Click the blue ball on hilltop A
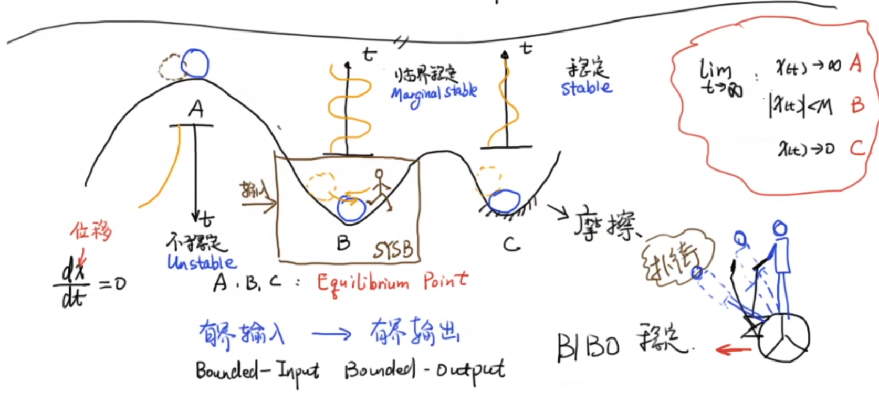[195, 64]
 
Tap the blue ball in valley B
[351, 209]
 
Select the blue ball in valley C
[504, 201]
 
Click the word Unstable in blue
[202, 262]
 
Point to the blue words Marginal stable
[434, 93]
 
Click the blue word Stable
[587, 88]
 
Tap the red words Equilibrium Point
[392, 283]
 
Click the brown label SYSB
[393, 250]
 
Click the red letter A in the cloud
[855, 63]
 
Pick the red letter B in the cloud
[857, 105]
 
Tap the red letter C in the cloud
[857, 148]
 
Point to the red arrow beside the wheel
[733, 349]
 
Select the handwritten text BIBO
[588, 347]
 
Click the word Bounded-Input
[257, 371]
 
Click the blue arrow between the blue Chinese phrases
[331, 334]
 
